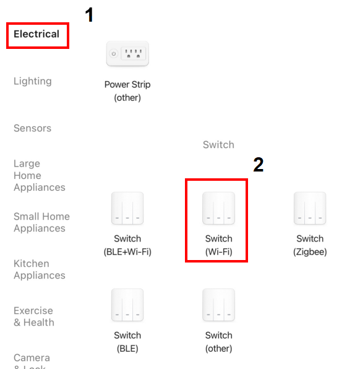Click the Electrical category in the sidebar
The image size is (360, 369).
click(36, 34)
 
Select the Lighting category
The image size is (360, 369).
click(33, 81)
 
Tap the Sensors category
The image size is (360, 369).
click(32, 128)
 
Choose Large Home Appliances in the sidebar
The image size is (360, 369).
click(40, 175)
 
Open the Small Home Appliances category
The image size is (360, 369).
click(41, 222)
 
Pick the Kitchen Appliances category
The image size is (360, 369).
click(40, 269)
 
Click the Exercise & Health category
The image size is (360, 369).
click(34, 316)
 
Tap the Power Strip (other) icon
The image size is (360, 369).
click(127, 54)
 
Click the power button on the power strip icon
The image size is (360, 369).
click(114, 54)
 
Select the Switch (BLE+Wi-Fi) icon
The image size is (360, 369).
click(127, 208)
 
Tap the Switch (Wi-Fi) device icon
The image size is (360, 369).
click(219, 208)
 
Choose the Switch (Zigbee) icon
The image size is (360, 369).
click(310, 208)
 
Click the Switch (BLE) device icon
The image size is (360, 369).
click(127, 305)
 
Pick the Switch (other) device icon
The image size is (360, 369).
click(219, 305)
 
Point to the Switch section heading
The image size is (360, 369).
click(219, 145)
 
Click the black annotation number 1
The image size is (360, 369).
click(89, 15)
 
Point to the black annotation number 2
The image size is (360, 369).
click(259, 165)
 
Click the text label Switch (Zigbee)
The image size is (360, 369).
click(310, 245)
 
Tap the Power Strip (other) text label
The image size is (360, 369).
click(127, 91)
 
